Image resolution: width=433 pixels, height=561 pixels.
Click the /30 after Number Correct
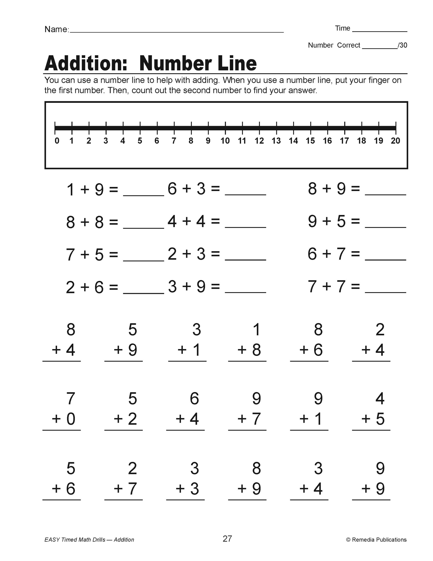pyautogui.click(x=402, y=45)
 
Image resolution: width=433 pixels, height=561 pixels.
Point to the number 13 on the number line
pyautogui.click(x=276, y=141)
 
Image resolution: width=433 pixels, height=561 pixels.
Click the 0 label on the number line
pyautogui.click(x=57, y=141)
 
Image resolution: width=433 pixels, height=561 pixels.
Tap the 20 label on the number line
pyautogui.click(x=395, y=141)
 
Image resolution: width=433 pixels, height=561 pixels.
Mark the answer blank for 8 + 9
pyautogui.click(x=385, y=194)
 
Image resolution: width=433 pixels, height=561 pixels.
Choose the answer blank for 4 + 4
pyautogui.click(x=245, y=227)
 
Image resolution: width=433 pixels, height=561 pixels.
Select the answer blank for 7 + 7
pyautogui.click(x=385, y=292)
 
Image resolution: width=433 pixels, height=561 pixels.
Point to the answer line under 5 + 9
pyautogui.click(x=123, y=361)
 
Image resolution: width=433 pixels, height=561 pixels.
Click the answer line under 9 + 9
pyautogui.click(x=371, y=500)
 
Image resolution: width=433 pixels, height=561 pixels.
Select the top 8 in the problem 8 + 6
pyautogui.click(x=318, y=330)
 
